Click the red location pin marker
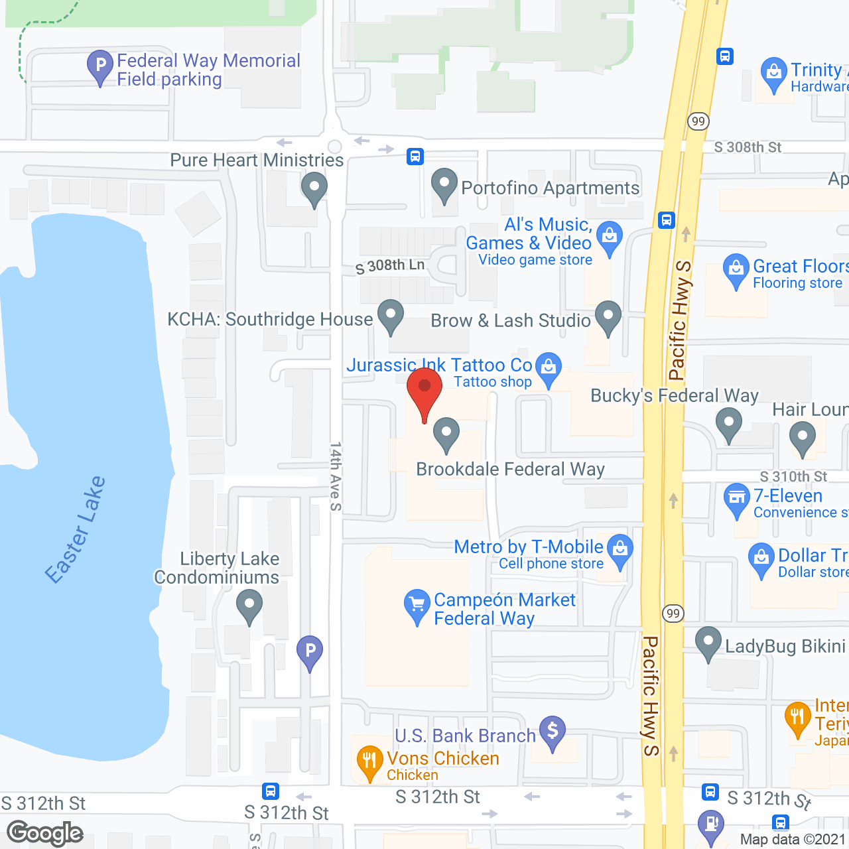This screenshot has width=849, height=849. click(x=424, y=391)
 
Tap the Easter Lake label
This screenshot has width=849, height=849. click(x=75, y=529)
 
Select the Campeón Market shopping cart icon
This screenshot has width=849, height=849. click(x=417, y=605)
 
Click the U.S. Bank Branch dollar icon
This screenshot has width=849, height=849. click(x=553, y=731)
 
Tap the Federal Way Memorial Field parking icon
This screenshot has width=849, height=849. click(x=100, y=66)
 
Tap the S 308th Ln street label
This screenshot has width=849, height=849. click(x=390, y=266)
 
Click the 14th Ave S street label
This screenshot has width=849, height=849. click(x=336, y=476)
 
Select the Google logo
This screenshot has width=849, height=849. click(x=45, y=833)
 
